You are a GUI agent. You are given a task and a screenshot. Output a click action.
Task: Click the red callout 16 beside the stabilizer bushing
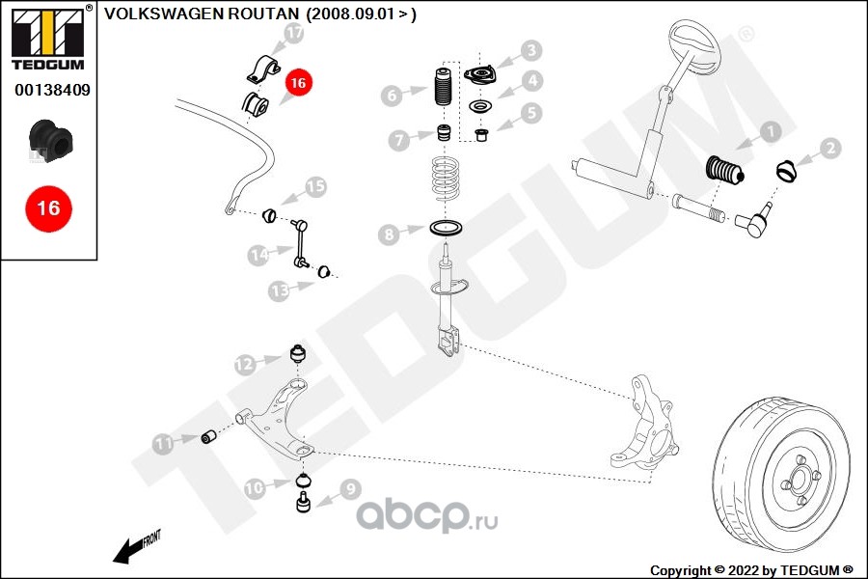coord(298,84)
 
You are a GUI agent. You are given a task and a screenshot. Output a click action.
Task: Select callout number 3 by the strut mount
coord(531,51)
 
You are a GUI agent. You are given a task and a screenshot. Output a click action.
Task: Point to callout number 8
coord(389,234)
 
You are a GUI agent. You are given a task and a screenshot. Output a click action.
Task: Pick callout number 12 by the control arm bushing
coord(244,364)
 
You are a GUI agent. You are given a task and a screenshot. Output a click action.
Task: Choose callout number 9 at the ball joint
coord(348,490)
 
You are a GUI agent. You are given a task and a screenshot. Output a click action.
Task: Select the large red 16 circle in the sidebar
coord(47,207)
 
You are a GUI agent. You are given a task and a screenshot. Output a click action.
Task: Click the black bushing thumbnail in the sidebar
coord(47,141)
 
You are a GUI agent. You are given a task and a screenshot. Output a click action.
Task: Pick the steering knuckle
coord(646,425)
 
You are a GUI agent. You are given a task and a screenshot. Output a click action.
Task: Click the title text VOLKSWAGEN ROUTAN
coord(201,14)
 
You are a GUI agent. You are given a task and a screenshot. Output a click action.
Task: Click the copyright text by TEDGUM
coord(751,570)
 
